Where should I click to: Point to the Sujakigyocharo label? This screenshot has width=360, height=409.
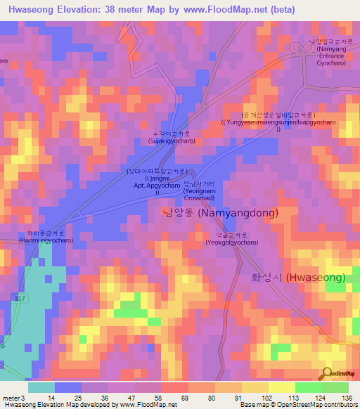[171, 137]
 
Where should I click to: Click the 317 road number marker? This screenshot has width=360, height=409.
[17, 298]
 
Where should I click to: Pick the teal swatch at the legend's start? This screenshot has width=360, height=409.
[41, 387]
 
